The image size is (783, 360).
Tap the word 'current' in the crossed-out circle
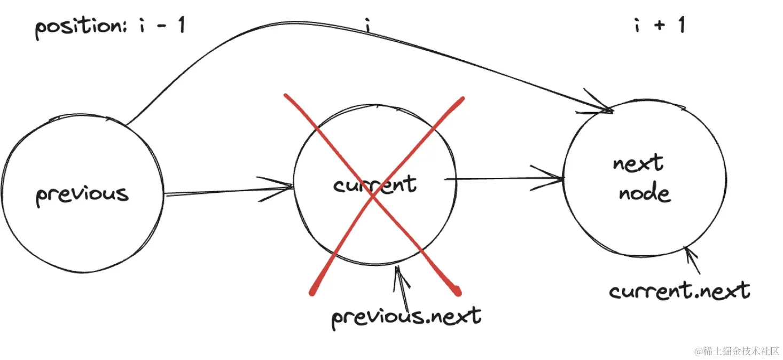point(374,185)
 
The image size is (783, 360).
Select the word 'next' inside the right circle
point(638,163)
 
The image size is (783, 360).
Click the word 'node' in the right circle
point(645,192)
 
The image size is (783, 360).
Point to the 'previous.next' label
point(406,316)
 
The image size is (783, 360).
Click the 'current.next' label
point(679,291)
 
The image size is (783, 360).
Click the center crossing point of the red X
point(374,196)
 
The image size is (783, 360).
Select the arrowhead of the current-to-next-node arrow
point(559,178)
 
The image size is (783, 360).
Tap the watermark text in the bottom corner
point(737,351)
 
